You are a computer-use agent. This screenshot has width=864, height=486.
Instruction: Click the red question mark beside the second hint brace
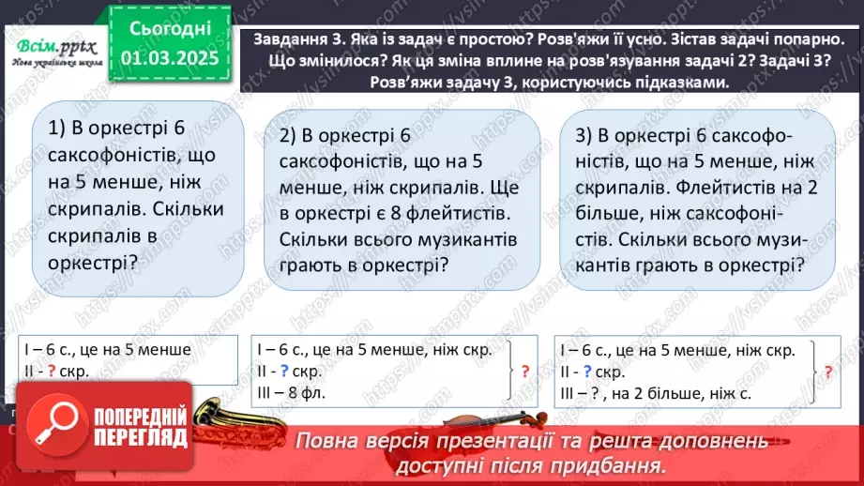525,371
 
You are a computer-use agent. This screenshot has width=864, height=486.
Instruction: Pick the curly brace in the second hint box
508,371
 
